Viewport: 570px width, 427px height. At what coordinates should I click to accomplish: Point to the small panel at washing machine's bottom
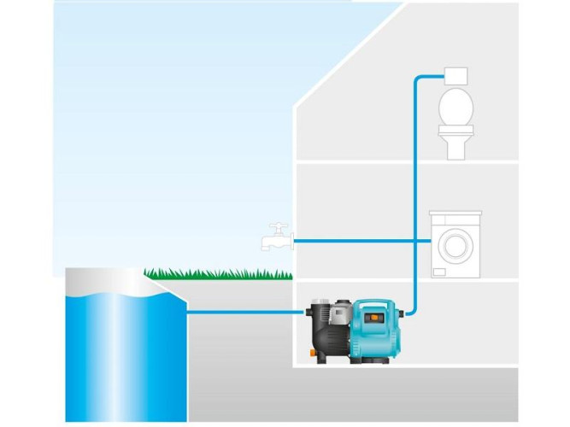(x=440, y=272)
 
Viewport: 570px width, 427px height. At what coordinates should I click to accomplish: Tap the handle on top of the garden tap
(x=274, y=225)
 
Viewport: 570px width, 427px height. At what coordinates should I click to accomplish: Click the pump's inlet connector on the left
(x=308, y=313)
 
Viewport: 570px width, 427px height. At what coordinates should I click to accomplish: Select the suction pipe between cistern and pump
(x=244, y=312)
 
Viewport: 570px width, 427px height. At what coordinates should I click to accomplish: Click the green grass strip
(x=218, y=273)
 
